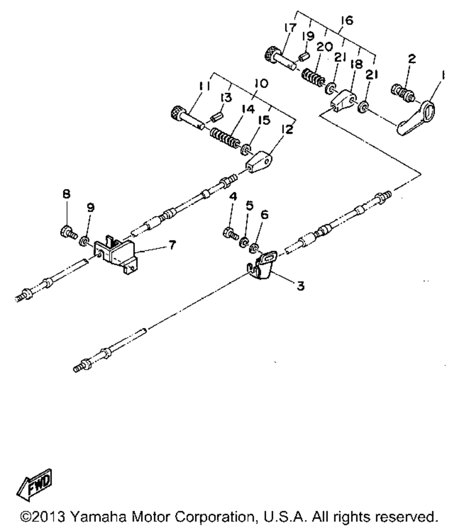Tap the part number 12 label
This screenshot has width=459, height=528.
287,130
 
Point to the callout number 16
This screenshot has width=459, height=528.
347,22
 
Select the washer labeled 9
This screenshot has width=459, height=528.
85,241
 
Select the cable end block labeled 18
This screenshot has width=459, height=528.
343,100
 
